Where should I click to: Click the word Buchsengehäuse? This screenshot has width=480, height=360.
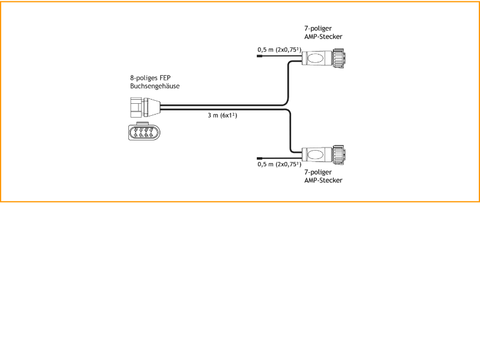(155, 86)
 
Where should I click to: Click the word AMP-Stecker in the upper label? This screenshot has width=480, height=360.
(323, 37)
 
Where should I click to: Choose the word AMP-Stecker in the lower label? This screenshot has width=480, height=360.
(323, 180)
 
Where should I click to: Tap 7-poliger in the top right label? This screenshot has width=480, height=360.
(318, 28)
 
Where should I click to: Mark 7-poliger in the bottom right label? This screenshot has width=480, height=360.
(318, 172)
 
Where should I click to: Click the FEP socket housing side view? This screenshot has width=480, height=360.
(140, 107)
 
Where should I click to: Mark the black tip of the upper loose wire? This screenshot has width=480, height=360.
(259, 56)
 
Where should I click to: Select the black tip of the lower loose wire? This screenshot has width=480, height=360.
(259, 157)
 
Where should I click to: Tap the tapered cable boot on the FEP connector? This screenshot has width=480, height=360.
(155, 107)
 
